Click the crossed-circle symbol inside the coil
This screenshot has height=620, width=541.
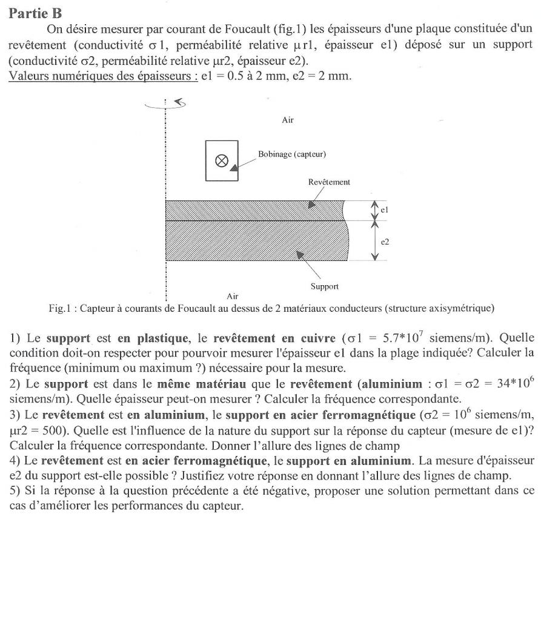click(222, 161)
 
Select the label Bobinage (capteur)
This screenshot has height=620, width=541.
click(292, 154)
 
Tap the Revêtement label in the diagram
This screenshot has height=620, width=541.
click(329, 182)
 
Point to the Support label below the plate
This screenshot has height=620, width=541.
click(324, 286)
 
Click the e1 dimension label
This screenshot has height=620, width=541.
click(384, 210)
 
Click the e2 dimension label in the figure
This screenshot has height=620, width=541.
click(384, 241)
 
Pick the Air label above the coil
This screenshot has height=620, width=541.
click(288, 120)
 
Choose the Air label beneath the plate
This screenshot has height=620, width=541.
click(232, 296)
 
